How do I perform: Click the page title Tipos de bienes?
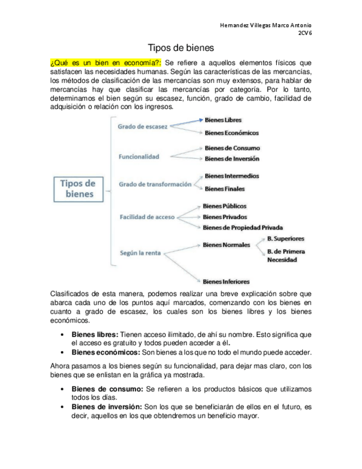(181, 48)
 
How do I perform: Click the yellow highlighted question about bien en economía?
(106, 62)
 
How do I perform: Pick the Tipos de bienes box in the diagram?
(77, 189)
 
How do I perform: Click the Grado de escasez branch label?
(142, 127)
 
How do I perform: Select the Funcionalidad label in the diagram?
(139, 157)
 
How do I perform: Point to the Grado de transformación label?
(155, 184)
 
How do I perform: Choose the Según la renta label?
(140, 253)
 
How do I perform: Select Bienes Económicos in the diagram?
(231, 133)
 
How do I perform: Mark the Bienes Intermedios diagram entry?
(231, 176)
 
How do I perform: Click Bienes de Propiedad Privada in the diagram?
(243, 227)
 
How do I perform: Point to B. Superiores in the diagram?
(285, 238)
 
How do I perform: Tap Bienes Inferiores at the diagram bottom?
(225, 281)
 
